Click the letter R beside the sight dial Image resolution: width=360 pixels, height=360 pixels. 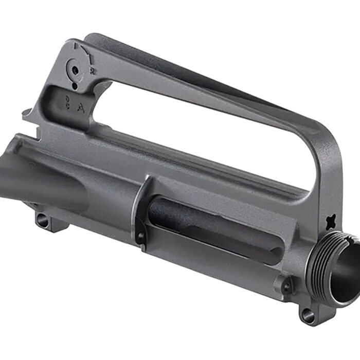click(x=91, y=69)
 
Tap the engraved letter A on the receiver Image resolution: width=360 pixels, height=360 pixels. click(x=80, y=107)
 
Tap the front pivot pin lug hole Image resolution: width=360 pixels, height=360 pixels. click(x=308, y=314)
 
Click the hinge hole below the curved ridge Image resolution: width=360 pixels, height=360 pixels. click(x=140, y=236)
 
